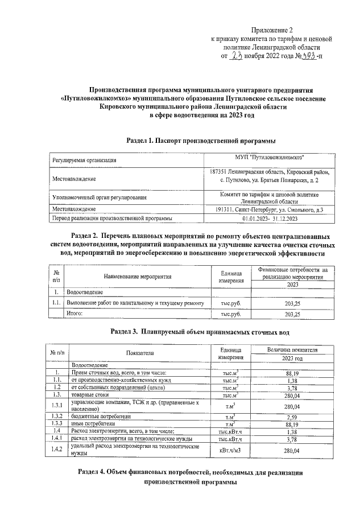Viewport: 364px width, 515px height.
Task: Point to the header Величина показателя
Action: pos(292,349)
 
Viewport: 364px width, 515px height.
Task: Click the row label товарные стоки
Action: pos(90,394)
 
